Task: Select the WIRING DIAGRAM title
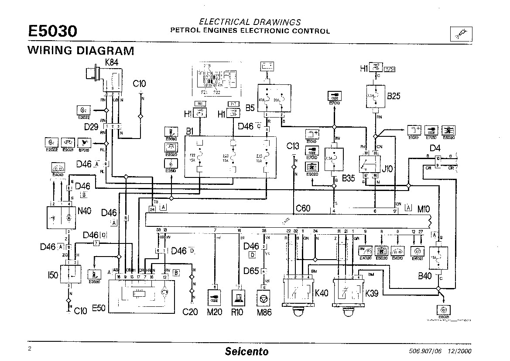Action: (81, 50)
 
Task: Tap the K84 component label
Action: (112, 62)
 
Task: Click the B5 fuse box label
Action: (250, 108)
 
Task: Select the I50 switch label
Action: (52, 276)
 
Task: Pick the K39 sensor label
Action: (371, 293)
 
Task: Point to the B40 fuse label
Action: (424, 276)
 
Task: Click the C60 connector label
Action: (303, 208)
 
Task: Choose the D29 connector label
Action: (91, 127)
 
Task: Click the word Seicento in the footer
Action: (246, 351)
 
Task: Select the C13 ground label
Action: (293, 146)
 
